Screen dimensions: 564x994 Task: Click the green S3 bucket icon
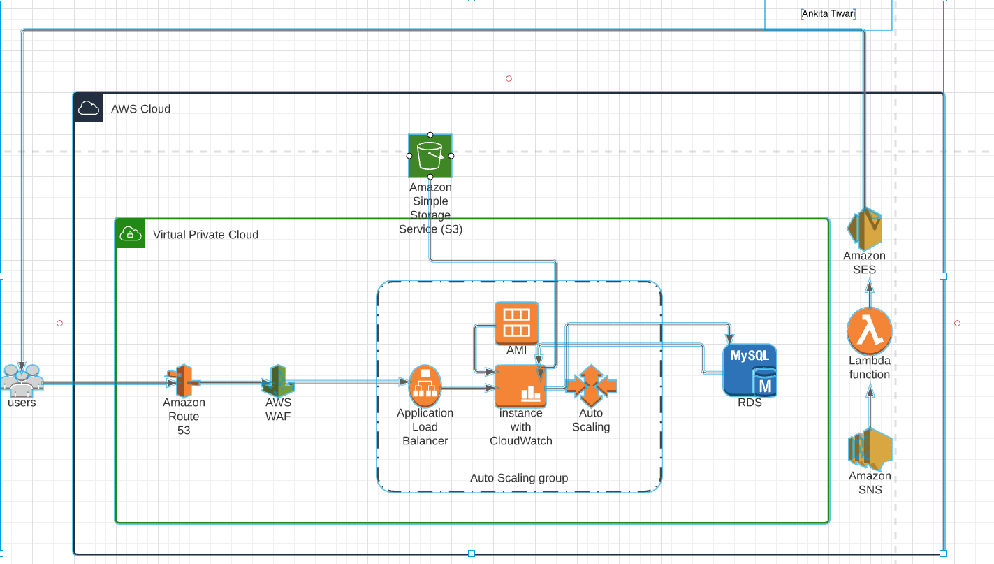430,156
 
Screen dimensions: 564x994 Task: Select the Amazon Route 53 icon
183,381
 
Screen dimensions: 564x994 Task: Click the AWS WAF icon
278,381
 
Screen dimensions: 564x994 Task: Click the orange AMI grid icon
517,323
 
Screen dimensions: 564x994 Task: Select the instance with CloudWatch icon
520,386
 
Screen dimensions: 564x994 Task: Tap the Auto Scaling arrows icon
591,385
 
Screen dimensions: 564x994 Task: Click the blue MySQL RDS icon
750,370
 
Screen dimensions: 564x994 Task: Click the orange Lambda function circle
869,332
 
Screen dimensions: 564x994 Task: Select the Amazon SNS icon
870,449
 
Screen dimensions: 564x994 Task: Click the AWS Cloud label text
140,109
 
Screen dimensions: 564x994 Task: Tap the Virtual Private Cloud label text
205,235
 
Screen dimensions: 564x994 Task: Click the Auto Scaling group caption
519,478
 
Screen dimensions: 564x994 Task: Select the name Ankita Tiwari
828,13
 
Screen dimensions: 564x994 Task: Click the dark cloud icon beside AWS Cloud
89,108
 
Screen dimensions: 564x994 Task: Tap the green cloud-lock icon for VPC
130,233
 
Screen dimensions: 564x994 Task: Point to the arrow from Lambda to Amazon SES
870,294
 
